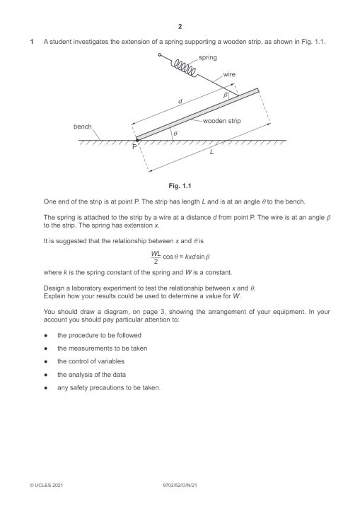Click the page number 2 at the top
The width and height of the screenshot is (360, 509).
tap(180, 27)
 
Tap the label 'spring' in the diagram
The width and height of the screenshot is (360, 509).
tap(208, 57)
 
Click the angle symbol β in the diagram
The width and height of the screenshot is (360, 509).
tap(226, 93)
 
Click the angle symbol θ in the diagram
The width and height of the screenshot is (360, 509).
tap(175, 132)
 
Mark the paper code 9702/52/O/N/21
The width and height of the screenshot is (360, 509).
tap(180, 486)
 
